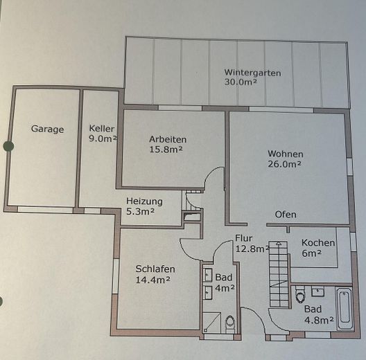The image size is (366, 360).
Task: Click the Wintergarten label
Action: coord(251,72)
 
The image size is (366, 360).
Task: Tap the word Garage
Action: coord(47,129)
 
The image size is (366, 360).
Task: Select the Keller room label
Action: coord(101,128)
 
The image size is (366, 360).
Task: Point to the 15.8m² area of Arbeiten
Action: coord(167,150)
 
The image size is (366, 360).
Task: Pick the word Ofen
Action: coord(286,214)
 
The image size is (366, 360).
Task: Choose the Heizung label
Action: coord(144,201)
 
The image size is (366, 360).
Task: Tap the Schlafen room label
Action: coord(155,269)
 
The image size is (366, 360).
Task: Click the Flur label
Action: coord(244,239)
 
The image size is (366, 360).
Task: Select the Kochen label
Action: coord(318,243)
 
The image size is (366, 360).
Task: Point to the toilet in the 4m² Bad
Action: coord(230,321)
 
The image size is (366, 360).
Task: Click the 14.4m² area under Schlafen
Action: coord(153,280)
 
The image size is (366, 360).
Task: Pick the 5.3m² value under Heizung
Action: coord(140,212)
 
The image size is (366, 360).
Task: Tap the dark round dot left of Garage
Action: coord(8,146)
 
